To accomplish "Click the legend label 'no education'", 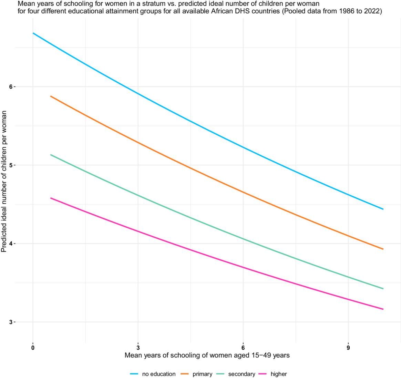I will [158, 374].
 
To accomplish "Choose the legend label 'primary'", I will [202, 374].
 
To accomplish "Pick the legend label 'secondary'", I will [241, 374].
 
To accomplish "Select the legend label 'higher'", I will [279, 374].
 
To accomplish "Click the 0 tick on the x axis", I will [33, 347].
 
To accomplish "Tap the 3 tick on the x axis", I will [138, 347].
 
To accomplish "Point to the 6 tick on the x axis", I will [243, 347].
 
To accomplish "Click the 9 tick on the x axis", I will [348, 347].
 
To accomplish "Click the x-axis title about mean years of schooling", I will [207, 355].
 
